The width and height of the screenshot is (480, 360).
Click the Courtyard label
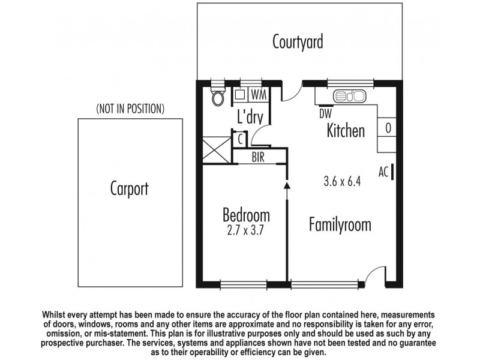[298, 43]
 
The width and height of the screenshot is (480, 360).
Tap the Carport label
[129, 188]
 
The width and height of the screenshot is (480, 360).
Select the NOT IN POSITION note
[130, 109]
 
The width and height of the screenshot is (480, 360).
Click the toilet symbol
[218, 97]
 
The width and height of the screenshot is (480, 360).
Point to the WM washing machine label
[259, 95]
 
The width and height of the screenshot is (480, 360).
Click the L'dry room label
[248, 118]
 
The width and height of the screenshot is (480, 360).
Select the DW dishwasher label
[325, 112]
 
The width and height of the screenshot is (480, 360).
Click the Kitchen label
[346, 130]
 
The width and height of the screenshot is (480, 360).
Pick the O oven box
[388, 127]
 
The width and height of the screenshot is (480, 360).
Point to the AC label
[383, 172]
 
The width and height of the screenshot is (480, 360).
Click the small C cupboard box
[240, 139]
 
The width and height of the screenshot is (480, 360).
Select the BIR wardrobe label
[258, 158]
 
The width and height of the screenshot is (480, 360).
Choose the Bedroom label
[245, 214]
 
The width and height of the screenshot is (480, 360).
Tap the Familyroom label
[340, 225]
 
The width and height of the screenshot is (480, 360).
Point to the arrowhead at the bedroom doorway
[287, 186]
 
